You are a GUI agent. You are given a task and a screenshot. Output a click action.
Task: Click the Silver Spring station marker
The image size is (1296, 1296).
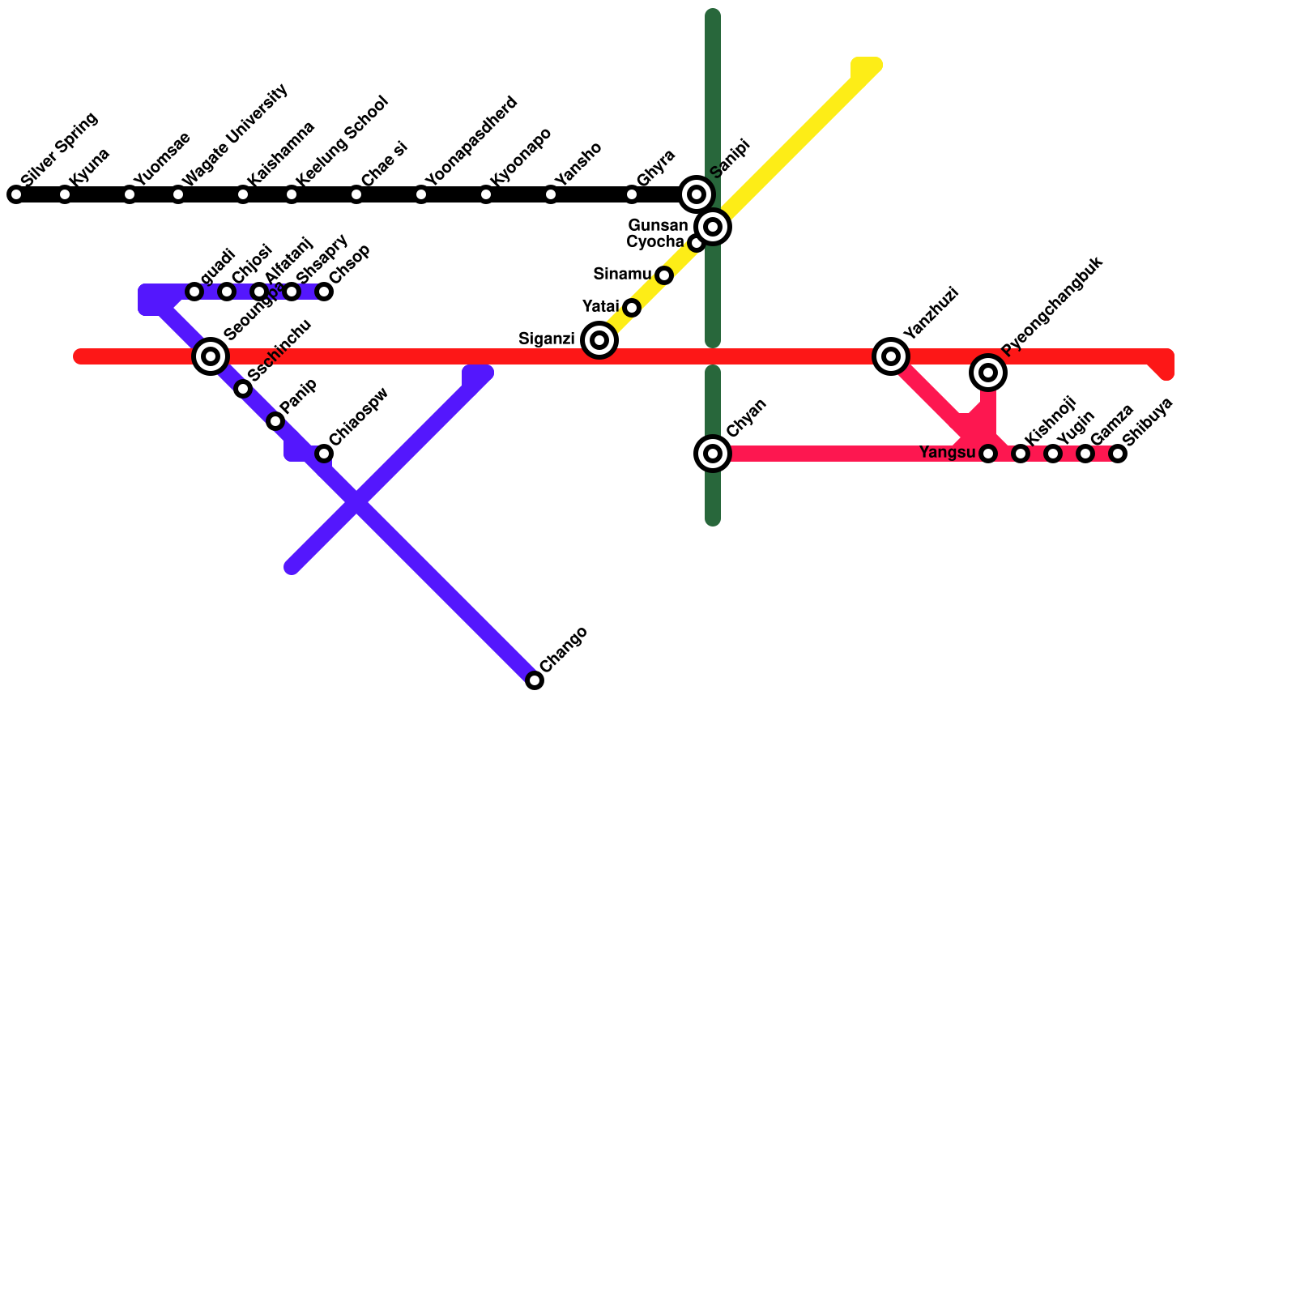(16, 194)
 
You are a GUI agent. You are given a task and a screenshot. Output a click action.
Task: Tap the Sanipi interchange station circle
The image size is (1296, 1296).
(697, 194)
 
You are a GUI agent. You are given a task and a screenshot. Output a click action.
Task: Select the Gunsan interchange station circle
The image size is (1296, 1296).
(713, 227)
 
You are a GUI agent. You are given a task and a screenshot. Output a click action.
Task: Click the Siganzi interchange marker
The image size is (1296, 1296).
(599, 340)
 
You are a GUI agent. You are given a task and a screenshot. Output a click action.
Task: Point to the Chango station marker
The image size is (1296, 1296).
(535, 680)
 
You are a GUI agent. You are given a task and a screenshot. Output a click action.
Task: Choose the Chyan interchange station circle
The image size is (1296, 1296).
(713, 454)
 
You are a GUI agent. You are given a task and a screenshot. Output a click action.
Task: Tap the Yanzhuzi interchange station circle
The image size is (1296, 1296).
(891, 356)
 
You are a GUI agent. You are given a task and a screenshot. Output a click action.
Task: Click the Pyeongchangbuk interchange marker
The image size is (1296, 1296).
(988, 373)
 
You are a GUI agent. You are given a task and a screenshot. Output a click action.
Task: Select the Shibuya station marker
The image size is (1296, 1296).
(1118, 454)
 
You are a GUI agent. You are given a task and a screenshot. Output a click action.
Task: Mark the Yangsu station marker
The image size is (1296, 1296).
(988, 454)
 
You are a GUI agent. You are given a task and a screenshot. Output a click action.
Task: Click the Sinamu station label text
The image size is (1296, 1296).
(621, 275)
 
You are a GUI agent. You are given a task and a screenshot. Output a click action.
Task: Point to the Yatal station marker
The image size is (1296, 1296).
(632, 308)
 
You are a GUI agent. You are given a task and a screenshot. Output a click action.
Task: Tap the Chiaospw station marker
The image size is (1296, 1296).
(324, 454)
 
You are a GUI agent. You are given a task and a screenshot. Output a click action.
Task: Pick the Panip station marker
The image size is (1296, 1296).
(275, 421)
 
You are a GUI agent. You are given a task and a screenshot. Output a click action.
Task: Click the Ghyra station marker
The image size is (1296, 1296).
(632, 194)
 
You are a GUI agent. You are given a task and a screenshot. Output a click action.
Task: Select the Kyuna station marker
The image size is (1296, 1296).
(65, 194)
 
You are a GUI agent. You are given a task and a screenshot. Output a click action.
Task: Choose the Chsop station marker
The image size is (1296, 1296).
(324, 292)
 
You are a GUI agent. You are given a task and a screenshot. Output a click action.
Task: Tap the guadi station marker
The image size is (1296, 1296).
(194, 292)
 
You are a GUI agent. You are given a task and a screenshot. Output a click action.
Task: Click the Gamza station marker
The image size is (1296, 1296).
(1085, 454)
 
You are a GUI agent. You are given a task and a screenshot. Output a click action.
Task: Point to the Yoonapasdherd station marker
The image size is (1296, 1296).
(421, 194)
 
